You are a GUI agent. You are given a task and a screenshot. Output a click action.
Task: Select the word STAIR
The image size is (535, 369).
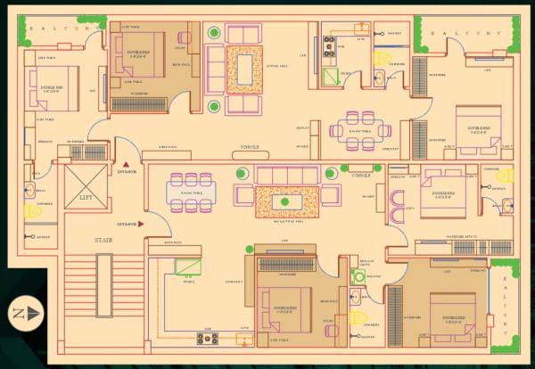85,240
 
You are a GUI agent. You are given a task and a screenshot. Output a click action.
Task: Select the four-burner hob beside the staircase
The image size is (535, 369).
206,338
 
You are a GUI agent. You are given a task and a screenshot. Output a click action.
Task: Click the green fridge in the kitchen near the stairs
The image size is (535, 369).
186,266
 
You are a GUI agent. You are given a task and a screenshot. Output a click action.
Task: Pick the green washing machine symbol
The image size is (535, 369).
358,276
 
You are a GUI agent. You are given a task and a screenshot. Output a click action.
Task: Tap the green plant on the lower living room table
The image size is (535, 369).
285,201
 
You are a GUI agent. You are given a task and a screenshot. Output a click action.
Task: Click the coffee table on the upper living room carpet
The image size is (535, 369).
242,67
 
